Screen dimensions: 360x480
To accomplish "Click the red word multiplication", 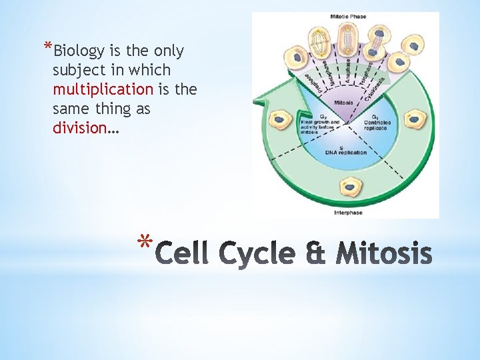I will coord(103,89).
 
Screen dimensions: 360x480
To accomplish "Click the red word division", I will coord(79,127).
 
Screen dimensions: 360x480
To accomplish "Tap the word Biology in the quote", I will coord(79,51).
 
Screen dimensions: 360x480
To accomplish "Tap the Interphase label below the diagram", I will coord(348,213).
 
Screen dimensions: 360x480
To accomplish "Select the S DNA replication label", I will coord(345,149).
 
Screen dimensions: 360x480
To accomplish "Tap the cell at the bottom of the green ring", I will coord(347,186).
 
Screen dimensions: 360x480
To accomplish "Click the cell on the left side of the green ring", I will coord(281,121).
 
